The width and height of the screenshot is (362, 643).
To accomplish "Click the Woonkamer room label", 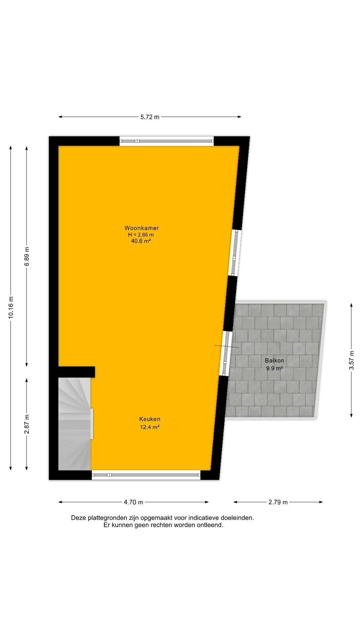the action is click(x=141, y=228).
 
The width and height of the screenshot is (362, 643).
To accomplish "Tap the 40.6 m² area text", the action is click(x=141, y=241).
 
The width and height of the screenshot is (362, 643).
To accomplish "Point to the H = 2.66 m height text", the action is click(x=141, y=235).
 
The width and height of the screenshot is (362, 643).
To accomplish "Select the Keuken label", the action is click(x=150, y=419).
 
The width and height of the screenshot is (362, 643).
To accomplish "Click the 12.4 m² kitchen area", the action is click(x=149, y=427).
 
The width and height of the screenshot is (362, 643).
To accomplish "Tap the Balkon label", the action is click(x=275, y=361).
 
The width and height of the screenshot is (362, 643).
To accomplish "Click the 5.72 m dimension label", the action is click(x=150, y=117).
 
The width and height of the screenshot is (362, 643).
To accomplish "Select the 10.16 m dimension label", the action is click(x=11, y=308).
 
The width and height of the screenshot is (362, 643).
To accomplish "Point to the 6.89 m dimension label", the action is click(x=27, y=257).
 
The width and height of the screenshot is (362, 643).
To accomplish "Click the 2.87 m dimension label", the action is click(x=27, y=424).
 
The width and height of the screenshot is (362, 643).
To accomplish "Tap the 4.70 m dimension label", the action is click(x=133, y=502).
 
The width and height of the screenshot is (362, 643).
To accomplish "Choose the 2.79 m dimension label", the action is click(x=278, y=502).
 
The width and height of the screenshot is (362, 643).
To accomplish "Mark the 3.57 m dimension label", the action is click(x=351, y=360).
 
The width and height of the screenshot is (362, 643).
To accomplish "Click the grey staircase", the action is click(x=74, y=424).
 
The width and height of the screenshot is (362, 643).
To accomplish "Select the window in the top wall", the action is click(x=167, y=141).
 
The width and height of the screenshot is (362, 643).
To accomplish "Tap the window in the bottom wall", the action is click(x=146, y=475).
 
